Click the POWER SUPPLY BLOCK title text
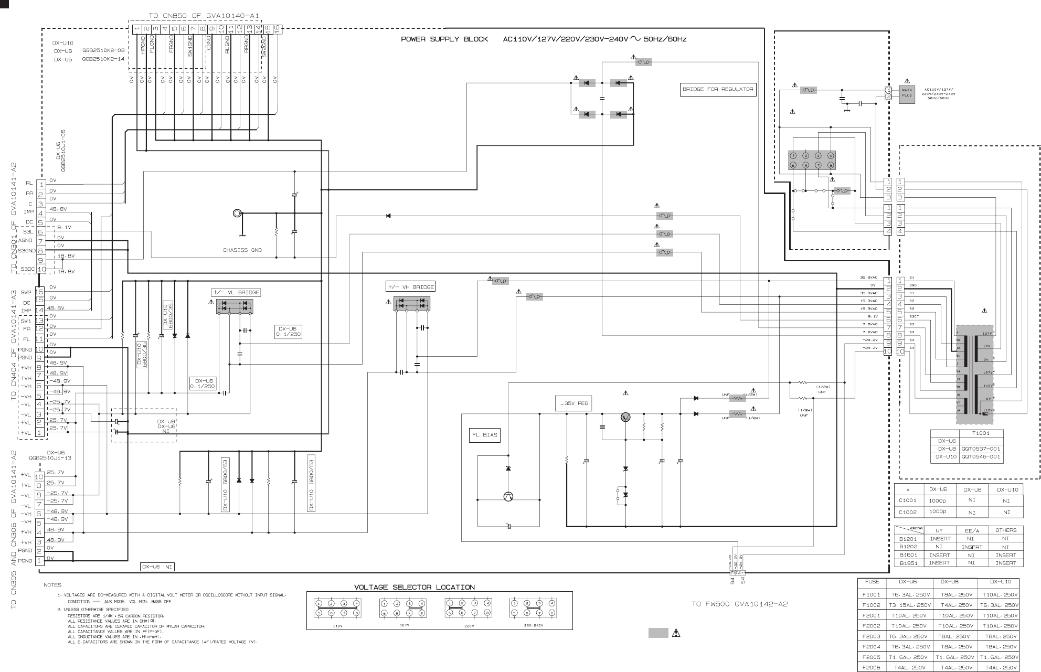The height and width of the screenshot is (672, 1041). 444,39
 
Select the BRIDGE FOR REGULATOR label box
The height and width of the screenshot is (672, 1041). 718,89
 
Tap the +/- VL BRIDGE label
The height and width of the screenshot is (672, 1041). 236,292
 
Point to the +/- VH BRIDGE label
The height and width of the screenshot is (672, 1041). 410,287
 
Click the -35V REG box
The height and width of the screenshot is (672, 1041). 574,404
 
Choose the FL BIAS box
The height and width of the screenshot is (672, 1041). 484,435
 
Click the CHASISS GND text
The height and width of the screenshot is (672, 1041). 242,250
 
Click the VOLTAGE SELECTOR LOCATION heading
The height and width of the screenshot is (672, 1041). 415,587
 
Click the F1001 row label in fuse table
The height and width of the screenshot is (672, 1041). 872,595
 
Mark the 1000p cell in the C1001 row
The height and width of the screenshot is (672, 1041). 938,500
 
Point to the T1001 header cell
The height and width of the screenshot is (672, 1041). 980,433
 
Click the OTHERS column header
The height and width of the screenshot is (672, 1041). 1005,530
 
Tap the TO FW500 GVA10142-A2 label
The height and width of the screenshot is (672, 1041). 739,604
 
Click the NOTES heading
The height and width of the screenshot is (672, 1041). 52,585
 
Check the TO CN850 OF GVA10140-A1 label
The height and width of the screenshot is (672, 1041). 204,16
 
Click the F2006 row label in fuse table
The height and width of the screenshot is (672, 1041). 872,667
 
